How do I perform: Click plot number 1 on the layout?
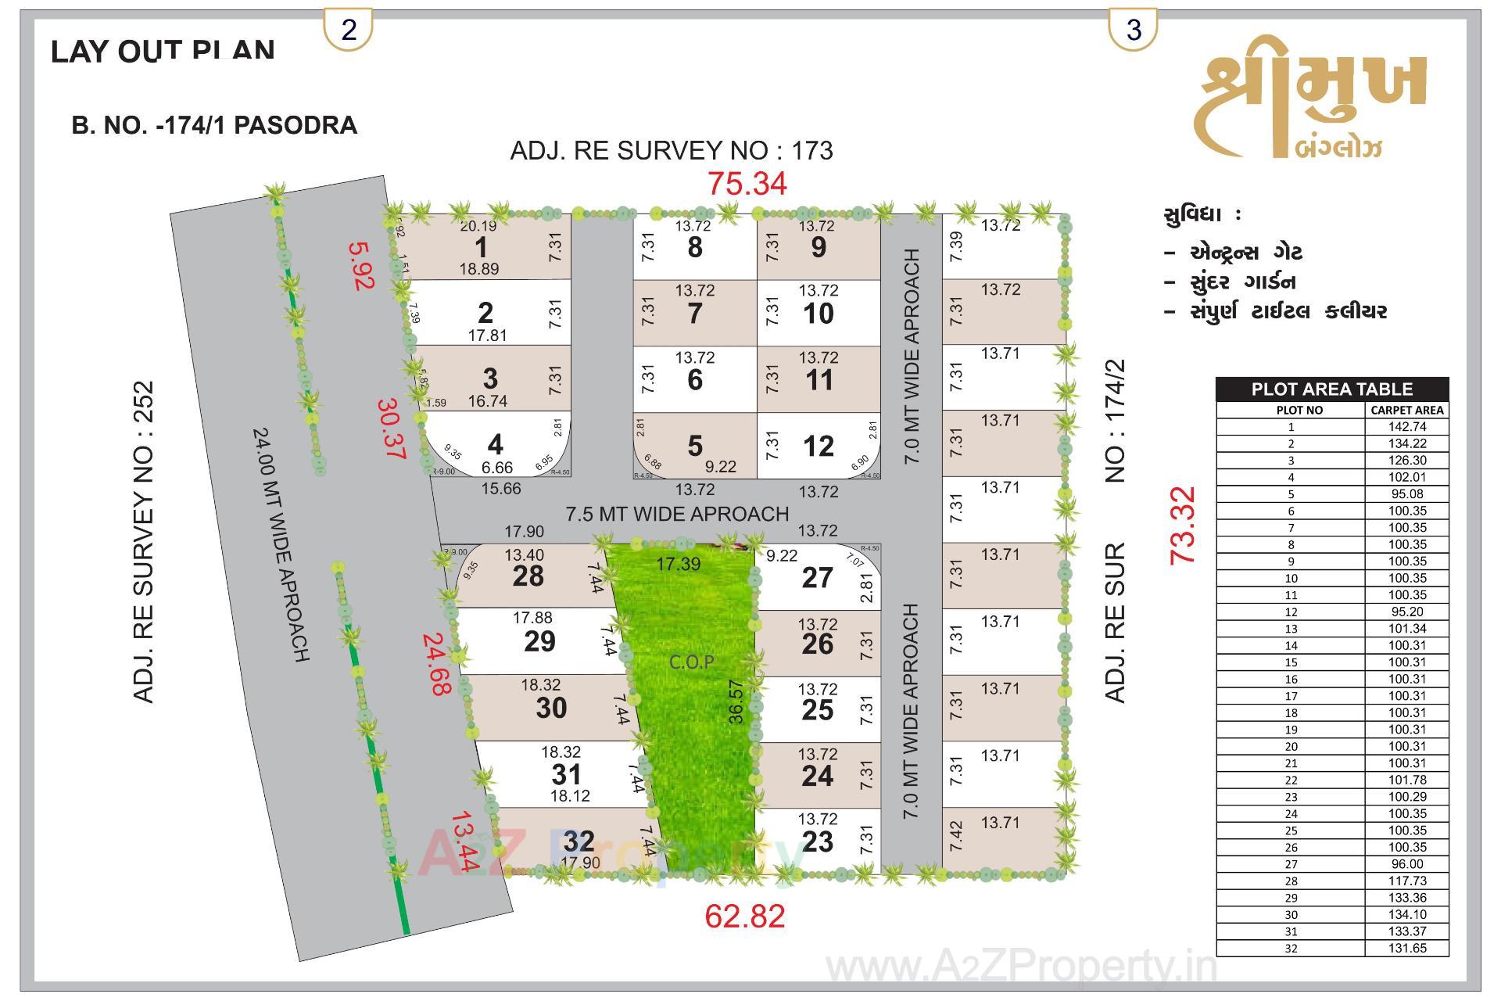481,247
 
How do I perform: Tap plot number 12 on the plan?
818,447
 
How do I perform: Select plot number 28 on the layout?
528,576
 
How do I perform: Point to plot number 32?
579,841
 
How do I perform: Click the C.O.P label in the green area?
691,662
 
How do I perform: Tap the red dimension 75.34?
747,184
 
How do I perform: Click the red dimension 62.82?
744,916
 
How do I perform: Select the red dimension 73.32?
1182,525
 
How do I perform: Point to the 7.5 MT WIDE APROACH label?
677,514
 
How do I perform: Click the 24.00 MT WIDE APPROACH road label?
281,544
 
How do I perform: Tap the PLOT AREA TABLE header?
1331,389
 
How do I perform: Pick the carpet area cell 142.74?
1407,427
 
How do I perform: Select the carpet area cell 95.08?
1407,494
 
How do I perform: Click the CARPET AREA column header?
1407,410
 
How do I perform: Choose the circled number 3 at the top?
1133,30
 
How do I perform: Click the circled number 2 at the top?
349,30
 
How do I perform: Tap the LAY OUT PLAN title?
163,51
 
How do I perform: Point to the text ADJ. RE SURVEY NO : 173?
672,150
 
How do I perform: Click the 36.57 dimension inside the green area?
736,701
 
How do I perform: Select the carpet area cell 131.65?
1407,949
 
